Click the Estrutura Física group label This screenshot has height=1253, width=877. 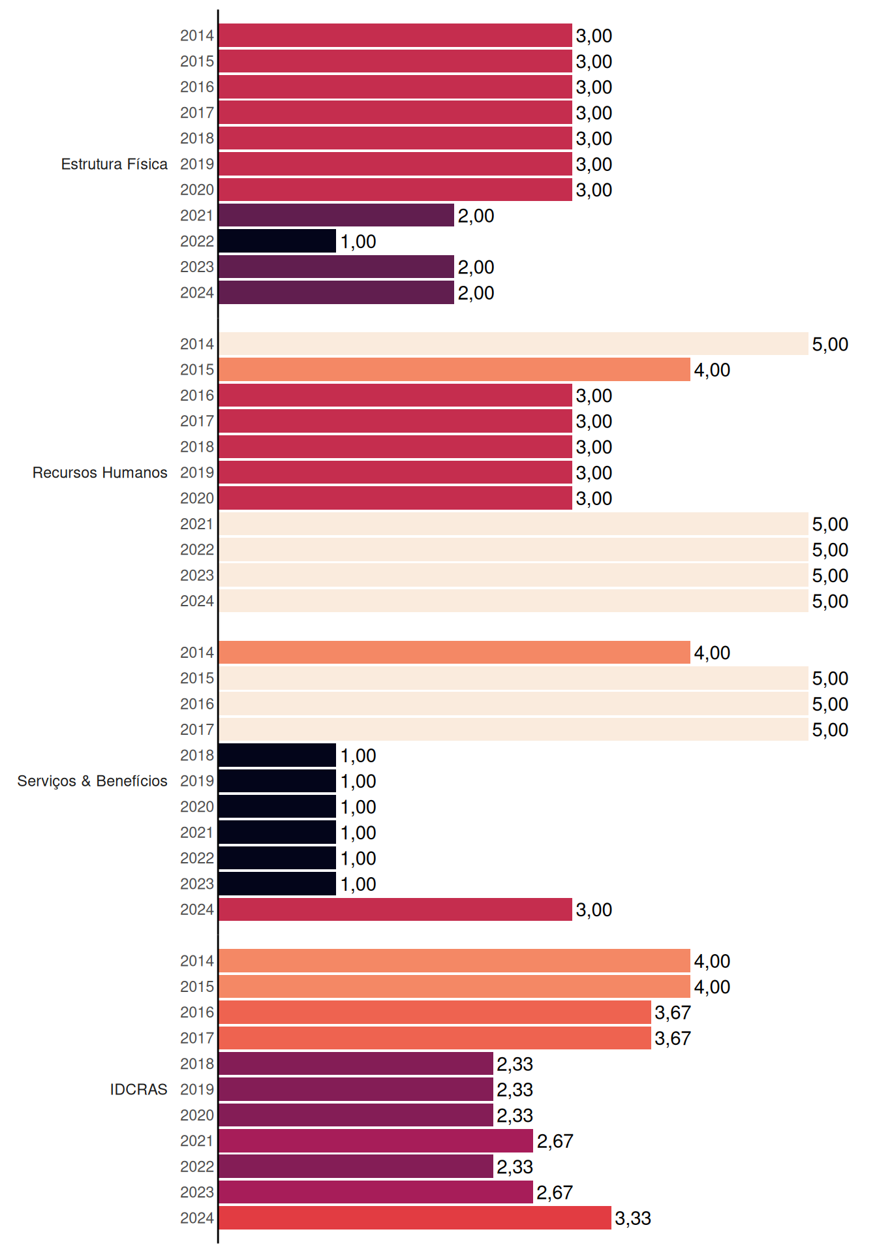(x=114, y=164)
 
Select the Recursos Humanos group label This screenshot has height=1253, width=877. (x=100, y=472)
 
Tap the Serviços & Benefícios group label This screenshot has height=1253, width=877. (x=92, y=781)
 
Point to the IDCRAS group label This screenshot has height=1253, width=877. (x=138, y=1089)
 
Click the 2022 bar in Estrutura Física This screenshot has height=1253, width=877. (x=277, y=241)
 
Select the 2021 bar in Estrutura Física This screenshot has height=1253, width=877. (x=336, y=215)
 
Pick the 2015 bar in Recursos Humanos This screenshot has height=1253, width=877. (x=454, y=369)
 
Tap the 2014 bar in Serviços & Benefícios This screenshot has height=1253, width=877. (x=454, y=653)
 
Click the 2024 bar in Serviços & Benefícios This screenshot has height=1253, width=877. (x=395, y=909)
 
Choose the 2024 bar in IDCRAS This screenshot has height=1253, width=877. (x=415, y=1218)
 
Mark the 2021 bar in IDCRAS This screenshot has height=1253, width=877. (x=376, y=1141)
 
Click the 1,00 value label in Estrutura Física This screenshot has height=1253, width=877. (x=358, y=241)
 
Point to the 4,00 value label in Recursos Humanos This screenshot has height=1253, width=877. (x=712, y=370)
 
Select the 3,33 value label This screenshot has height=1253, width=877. (x=633, y=1218)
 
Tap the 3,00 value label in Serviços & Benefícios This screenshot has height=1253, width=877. (x=594, y=910)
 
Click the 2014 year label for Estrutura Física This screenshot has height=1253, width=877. (x=197, y=36)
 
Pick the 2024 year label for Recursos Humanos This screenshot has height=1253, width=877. (x=197, y=601)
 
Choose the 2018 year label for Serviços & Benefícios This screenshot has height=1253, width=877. (x=197, y=755)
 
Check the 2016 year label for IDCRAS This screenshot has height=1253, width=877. (x=197, y=1012)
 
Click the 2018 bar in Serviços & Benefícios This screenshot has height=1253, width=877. (x=277, y=755)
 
